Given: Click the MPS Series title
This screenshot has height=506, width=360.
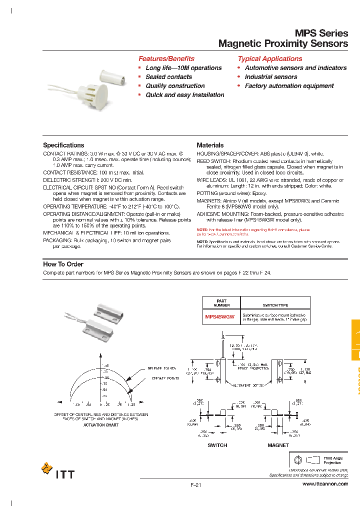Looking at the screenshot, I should click(x=321, y=33).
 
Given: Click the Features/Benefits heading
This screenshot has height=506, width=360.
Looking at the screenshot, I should click(x=166, y=58).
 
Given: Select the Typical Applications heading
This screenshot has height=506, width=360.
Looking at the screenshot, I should click(x=269, y=58).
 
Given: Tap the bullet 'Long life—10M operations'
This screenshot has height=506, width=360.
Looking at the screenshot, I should click(x=183, y=68).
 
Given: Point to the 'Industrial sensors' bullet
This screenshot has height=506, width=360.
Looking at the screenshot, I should click(x=271, y=77).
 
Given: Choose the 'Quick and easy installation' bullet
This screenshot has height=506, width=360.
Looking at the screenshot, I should click(x=184, y=95).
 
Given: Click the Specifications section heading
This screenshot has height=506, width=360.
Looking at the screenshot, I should click(x=63, y=145).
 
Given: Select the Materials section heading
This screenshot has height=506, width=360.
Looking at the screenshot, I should click(x=210, y=145).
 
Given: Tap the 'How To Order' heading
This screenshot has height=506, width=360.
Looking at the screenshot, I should click(x=63, y=264).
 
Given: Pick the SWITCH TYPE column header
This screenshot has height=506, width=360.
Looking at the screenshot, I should click(x=275, y=305).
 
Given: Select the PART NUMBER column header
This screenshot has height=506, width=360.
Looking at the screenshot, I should click(x=221, y=303).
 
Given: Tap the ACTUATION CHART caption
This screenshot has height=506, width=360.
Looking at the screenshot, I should click(x=101, y=425).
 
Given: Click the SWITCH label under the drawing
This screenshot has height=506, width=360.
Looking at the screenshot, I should click(x=217, y=445).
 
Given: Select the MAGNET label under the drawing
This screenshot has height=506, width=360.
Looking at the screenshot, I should click(x=278, y=445).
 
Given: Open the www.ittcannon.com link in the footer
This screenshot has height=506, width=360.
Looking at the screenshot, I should click(x=325, y=484).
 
